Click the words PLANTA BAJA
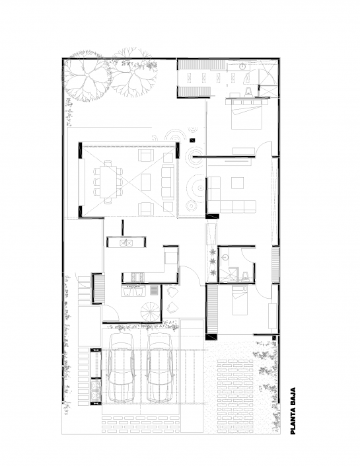click(292, 410)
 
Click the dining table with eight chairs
click(108, 180)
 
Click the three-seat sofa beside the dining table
click(166, 180)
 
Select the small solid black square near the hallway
click(190, 139)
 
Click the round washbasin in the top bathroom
click(242, 67)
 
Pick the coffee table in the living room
click(147, 180)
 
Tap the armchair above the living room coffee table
click(145, 157)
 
